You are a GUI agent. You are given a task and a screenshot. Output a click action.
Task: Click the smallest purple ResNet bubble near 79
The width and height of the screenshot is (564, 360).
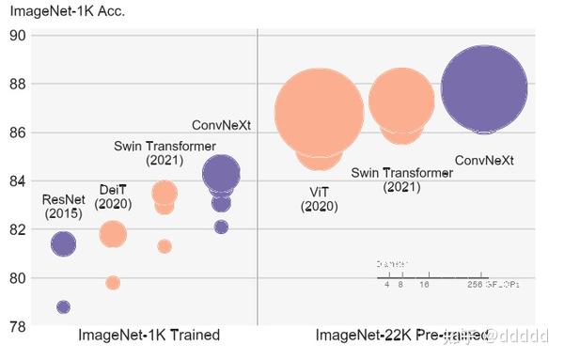pyautogui.click(x=63, y=307)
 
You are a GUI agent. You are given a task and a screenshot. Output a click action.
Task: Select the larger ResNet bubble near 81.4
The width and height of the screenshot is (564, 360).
pyautogui.click(x=63, y=244)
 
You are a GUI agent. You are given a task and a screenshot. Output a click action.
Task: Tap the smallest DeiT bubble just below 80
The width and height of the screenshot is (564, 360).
pyautogui.click(x=113, y=283)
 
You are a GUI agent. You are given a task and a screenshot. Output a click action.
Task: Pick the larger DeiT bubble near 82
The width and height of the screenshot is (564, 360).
pyautogui.click(x=113, y=235)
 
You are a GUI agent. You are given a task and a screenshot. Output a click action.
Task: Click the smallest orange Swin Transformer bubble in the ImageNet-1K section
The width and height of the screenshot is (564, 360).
pyautogui.click(x=164, y=246)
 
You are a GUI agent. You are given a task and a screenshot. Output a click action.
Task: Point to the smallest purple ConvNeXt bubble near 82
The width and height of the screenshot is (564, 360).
pyautogui.click(x=221, y=227)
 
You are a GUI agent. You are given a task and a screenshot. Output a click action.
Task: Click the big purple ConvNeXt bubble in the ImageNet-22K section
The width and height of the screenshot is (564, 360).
pyautogui.click(x=484, y=89)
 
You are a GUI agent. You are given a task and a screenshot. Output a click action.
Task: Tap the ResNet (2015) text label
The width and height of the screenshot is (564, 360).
pyautogui.click(x=64, y=207)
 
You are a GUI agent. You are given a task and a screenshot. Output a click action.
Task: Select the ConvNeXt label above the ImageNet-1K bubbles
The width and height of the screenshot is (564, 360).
pyautogui.click(x=222, y=125)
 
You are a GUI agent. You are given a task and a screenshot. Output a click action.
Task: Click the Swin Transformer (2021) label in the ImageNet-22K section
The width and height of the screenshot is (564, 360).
pyautogui.click(x=401, y=180)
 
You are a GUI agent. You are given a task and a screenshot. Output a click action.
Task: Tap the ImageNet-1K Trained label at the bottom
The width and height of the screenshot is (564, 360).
pyautogui.click(x=149, y=336)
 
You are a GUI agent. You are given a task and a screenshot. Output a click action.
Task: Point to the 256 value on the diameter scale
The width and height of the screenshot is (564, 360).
pyautogui.click(x=475, y=283)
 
